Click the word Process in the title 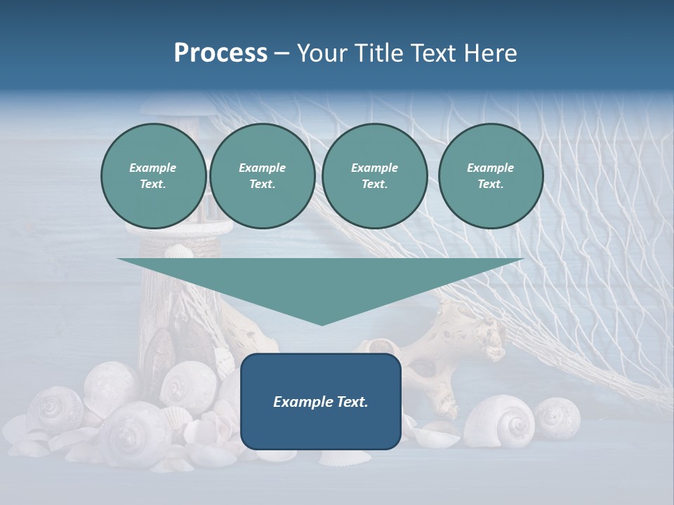coord(220,53)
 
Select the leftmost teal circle coord(153,176)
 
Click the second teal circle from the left coord(262,176)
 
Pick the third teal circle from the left coord(374,176)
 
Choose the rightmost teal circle coord(490,176)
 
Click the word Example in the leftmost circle coord(153,168)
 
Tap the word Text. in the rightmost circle coord(490,184)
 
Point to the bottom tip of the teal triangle coord(322,323)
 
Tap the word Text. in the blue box coord(351,402)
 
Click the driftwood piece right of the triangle coord(449,351)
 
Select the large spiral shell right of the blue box coord(499,420)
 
